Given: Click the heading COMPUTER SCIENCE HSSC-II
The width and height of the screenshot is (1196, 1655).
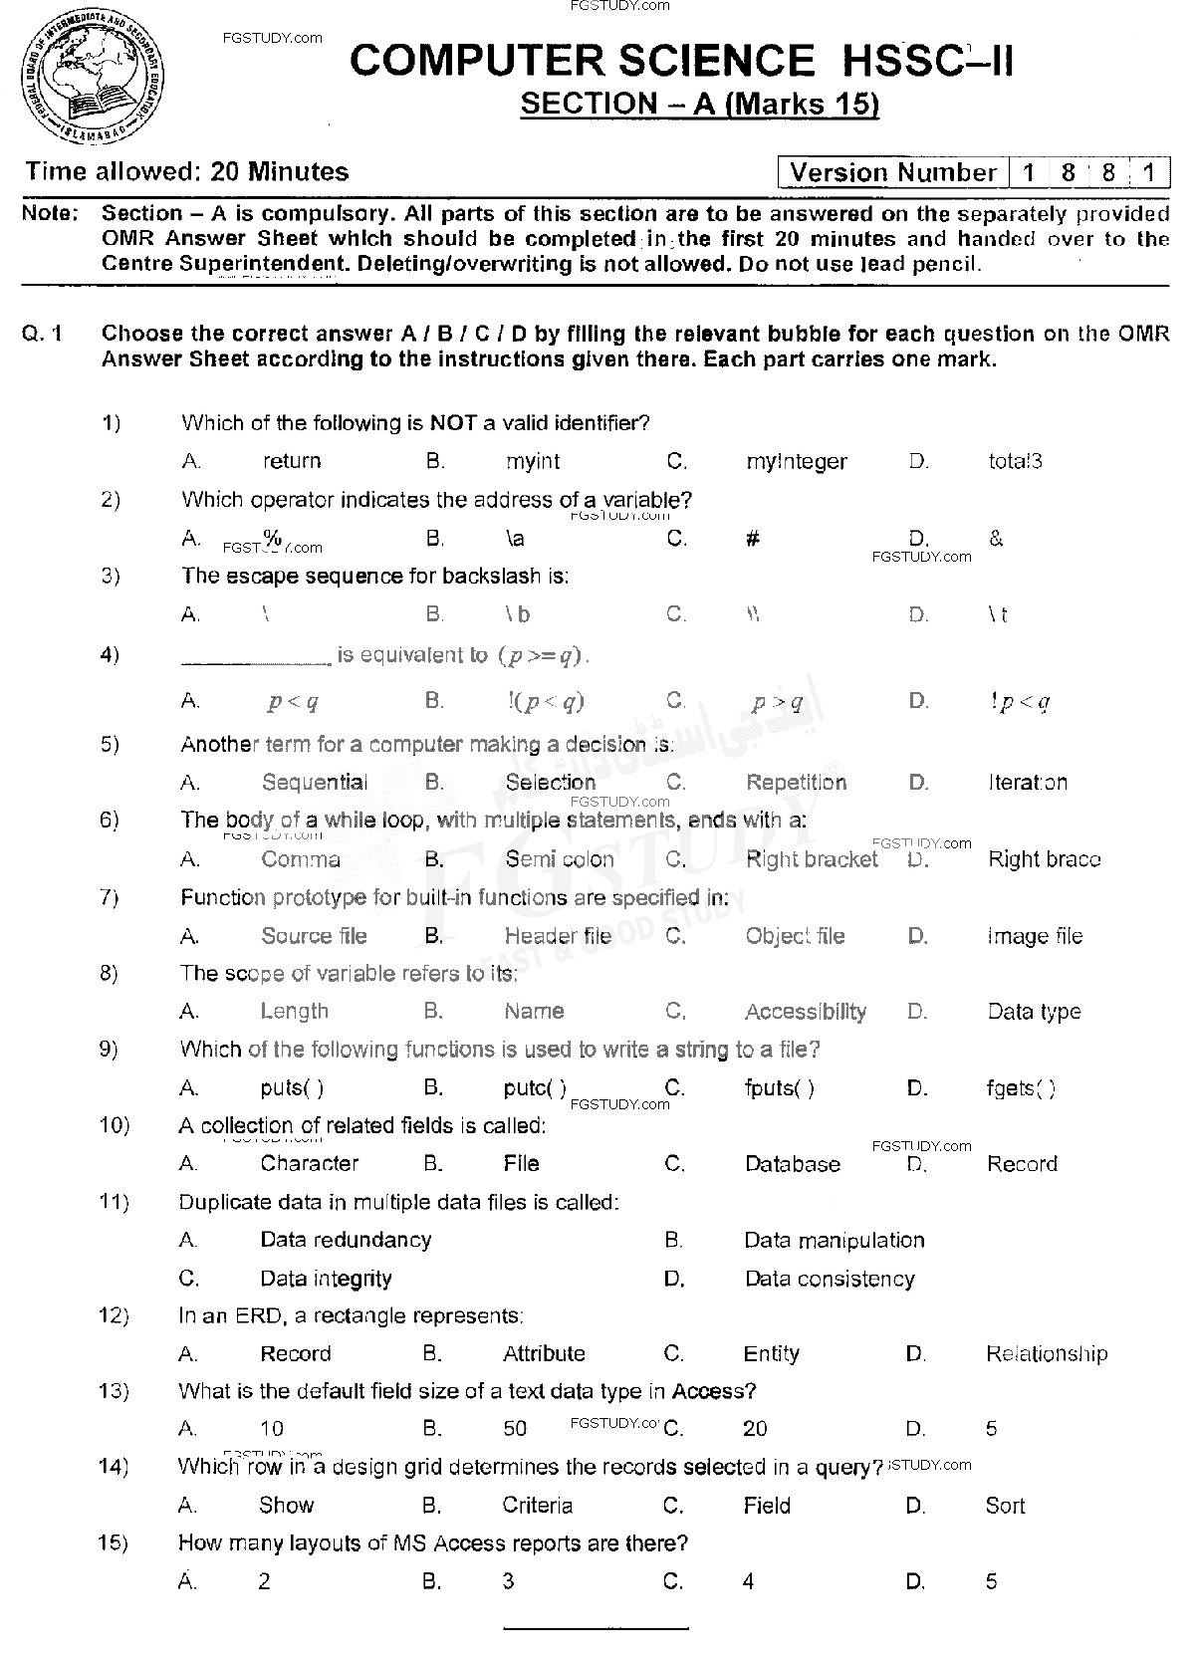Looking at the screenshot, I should (682, 62).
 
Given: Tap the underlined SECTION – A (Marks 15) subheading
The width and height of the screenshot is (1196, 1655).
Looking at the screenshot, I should (700, 105).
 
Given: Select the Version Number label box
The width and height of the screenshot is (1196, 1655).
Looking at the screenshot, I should (892, 173).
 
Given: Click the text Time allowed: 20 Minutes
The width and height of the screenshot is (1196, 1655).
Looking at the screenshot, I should (187, 172).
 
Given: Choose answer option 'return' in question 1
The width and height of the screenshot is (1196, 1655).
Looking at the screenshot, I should (292, 461).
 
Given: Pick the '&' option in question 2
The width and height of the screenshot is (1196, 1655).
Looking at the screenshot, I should (996, 539).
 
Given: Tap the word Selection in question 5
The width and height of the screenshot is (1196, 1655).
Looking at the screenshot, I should (550, 783).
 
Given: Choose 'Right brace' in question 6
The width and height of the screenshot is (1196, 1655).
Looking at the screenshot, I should (1044, 859).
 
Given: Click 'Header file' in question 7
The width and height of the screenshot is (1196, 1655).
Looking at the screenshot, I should (558, 936).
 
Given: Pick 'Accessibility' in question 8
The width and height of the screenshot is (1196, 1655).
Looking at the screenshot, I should (806, 1012).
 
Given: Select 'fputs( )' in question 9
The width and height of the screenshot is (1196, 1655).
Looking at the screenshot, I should (780, 1088).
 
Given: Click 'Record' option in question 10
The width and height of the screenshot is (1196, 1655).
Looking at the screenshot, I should (1022, 1164).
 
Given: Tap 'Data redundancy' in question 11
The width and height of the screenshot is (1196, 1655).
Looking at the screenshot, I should (346, 1241).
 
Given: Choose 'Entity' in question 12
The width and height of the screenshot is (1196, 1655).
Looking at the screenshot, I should (771, 1354).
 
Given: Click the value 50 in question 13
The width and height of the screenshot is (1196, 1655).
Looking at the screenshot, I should (515, 1430).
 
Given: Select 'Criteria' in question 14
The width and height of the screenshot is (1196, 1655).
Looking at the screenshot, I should (538, 1506).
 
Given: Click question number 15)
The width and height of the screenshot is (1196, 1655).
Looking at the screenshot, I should (114, 1543).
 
